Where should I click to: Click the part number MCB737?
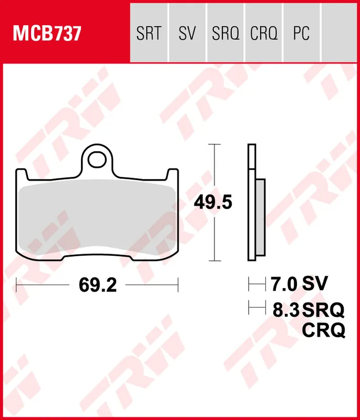click(47, 34)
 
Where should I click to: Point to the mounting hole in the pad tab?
click(98, 159)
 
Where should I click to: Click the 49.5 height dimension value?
click(213, 202)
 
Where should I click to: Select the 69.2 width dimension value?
click(97, 285)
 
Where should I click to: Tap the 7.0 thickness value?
click(284, 285)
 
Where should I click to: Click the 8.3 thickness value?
click(285, 310)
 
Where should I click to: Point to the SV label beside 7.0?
click(315, 285)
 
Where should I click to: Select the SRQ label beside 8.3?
click(323, 310)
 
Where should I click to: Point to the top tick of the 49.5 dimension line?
click(213, 144)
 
